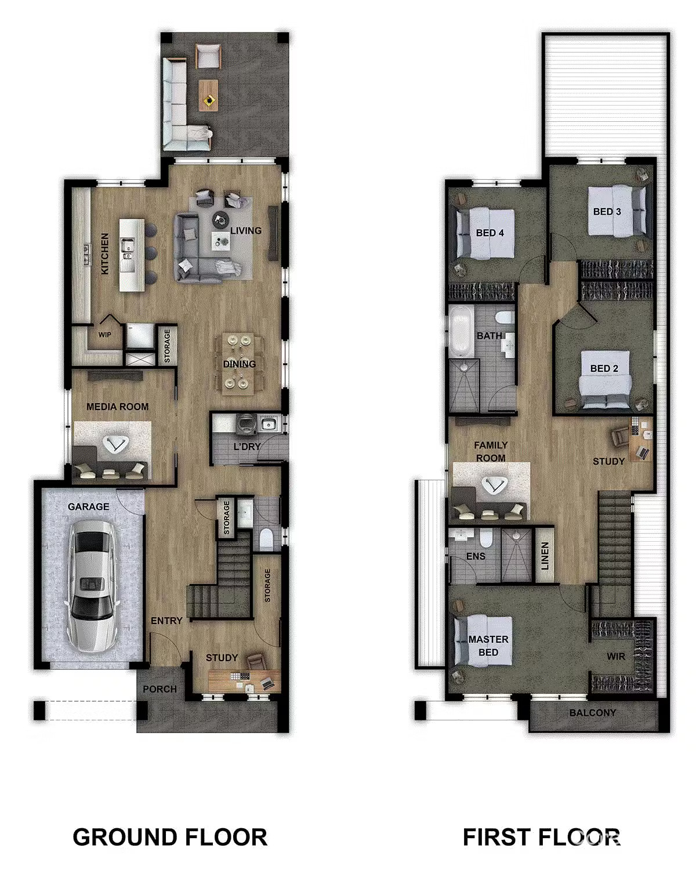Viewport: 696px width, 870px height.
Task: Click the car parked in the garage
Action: [x=92, y=586]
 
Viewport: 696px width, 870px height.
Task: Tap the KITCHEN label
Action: [x=105, y=253]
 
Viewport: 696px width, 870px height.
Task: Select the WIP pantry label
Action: [x=104, y=335]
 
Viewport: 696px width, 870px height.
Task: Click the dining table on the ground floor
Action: [x=239, y=364]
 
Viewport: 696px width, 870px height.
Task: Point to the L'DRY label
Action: [x=247, y=447]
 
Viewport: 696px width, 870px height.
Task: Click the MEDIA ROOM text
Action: [x=117, y=407]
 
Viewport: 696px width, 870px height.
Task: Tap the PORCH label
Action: [x=159, y=689]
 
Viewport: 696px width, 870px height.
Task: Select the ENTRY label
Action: [x=166, y=621]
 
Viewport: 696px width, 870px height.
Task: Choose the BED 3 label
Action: [x=607, y=212]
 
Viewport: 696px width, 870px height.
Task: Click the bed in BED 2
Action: [x=605, y=377]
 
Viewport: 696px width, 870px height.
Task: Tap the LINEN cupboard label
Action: [x=545, y=555]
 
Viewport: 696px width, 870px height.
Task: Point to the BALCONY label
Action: [x=592, y=713]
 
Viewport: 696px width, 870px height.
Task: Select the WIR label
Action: [x=616, y=657]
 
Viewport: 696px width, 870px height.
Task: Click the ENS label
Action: [x=476, y=556]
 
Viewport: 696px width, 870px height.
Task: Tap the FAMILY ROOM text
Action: [x=491, y=451]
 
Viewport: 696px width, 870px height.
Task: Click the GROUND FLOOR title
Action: [x=170, y=838]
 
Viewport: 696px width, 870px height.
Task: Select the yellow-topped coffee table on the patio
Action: [x=208, y=95]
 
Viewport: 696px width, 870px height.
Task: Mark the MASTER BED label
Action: [x=488, y=646]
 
